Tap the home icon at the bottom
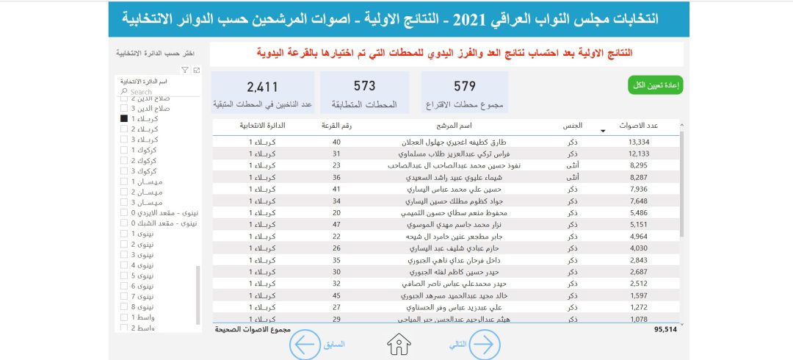[x=399, y=343]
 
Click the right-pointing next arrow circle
[x=485, y=344]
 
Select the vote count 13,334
[x=639, y=142]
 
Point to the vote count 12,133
[x=639, y=154]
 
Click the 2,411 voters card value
[x=262, y=87]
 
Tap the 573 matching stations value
[x=364, y=87]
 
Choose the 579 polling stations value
[x=465, y=87]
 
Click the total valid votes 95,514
[x=665, y=330]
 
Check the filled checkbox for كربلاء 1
[x=124, y=118]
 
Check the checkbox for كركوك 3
[x=124, y=171]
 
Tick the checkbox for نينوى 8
[x=124, y=306]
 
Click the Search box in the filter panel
[x=158, y=92]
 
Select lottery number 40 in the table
[x=336, y=142]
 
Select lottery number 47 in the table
[x=336, y=224]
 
